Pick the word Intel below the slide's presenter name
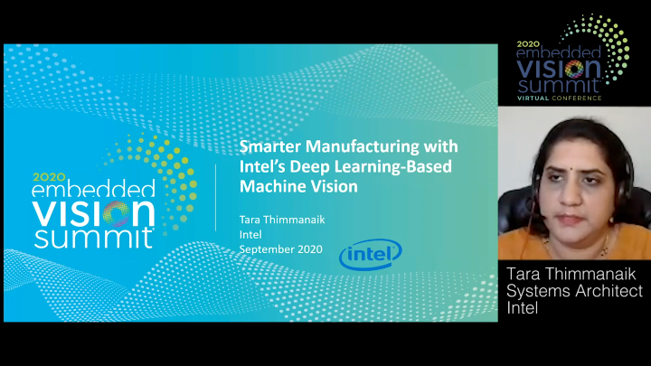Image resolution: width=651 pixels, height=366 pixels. click(x=250, y=233)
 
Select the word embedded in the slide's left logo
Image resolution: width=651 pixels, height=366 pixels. click(x=93, y=192)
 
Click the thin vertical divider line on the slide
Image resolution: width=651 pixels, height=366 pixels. click(x=215, y=197)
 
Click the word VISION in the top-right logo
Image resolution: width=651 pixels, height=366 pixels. click(x=559, y=68)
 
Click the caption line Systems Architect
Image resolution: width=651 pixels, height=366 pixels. click(x=574, y=291)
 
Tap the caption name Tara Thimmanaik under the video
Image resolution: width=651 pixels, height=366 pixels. click(x=574, y=274)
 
